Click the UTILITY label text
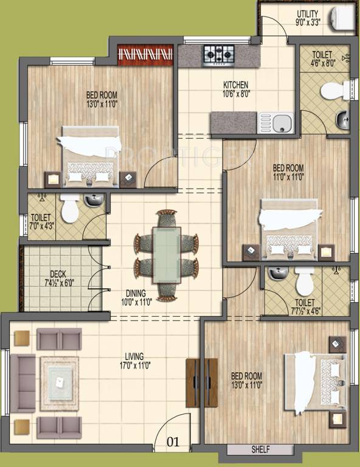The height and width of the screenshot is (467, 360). tap(307, 13)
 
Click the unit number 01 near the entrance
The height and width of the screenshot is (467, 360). tap(173, 442)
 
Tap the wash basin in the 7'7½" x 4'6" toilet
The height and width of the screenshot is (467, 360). tap(278, 274)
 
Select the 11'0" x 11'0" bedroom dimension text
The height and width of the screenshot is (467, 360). tap(288, 177)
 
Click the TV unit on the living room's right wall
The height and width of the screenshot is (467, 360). tap(201, 382)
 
